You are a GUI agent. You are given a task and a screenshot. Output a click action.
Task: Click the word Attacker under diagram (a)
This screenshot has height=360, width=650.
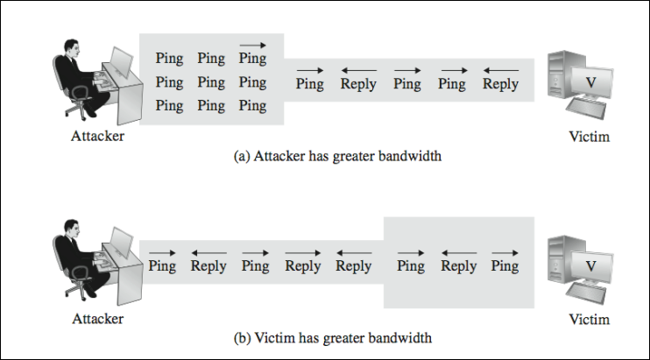coord(97,137)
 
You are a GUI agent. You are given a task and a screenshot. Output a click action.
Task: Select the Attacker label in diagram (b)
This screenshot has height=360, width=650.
coord(97,320)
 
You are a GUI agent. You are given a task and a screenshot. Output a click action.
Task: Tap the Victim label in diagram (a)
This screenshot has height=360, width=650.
coord(589,137)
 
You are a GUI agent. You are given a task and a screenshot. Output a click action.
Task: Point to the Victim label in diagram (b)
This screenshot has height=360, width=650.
coord(589,320)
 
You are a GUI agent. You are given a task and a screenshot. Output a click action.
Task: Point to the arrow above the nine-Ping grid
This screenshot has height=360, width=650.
coord(252,43)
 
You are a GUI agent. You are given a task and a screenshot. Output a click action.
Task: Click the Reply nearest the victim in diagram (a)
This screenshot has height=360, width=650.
coord(500,84)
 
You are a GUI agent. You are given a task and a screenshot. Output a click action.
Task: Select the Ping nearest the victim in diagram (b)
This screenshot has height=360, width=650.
coord(505,266)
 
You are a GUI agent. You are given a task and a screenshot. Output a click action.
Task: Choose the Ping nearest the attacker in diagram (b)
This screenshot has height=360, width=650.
coord(162,266)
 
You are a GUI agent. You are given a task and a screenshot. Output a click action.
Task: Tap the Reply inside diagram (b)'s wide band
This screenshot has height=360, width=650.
coord(459,266)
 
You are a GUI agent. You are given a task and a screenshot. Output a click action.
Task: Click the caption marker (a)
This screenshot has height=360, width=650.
coord(243,158)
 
